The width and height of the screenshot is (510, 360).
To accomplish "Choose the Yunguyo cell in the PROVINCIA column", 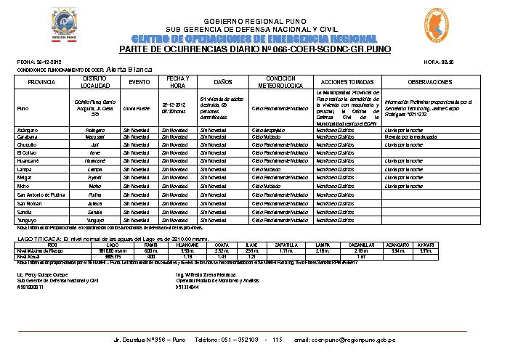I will coord(28,219).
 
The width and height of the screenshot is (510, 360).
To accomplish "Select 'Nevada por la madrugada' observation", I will coord(410,136).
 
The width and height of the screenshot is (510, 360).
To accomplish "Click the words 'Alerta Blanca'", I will coord(129,69).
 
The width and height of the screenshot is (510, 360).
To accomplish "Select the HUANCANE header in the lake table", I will coord(187,245).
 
